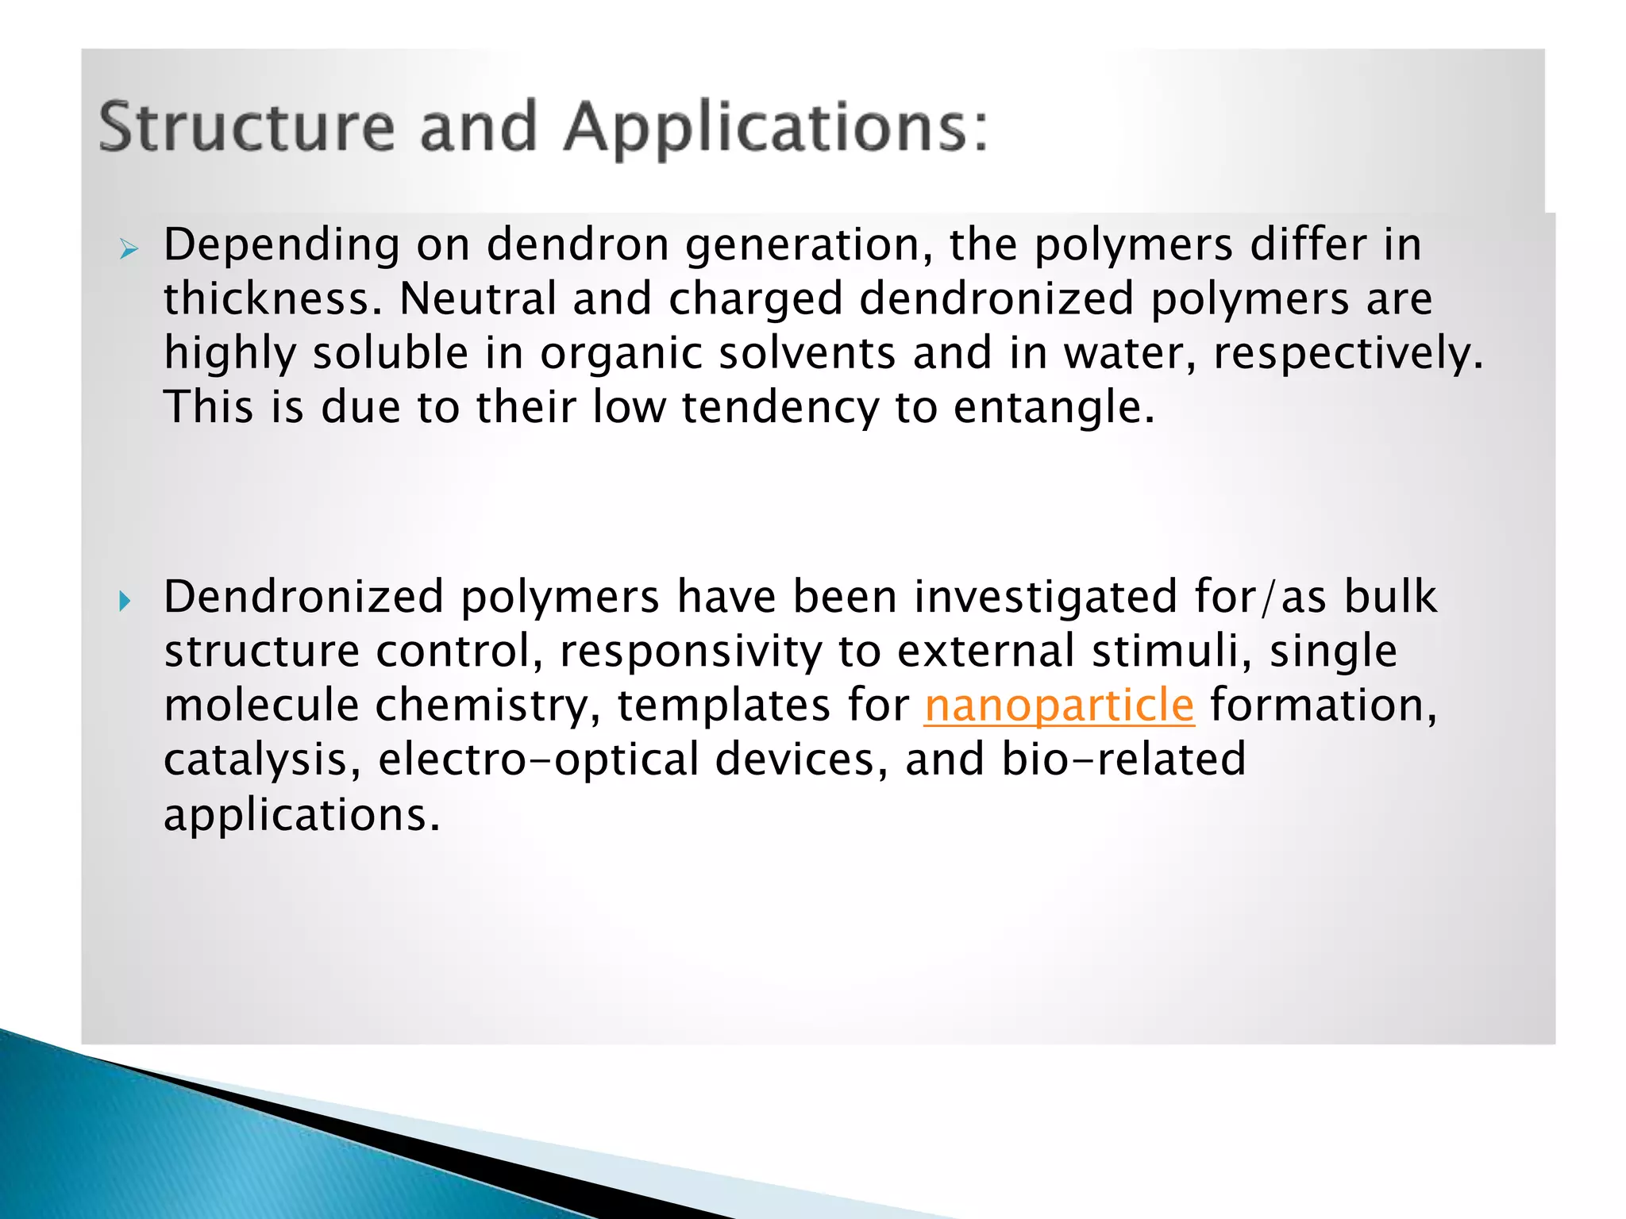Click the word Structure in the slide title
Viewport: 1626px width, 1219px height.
(246, 127)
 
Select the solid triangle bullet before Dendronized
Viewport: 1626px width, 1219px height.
(125, 602)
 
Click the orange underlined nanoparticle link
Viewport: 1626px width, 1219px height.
(1059, 706)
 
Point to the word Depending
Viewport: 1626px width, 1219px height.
(282, 246)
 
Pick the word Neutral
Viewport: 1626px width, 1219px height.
(477, 299)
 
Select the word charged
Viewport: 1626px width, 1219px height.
(755, 299)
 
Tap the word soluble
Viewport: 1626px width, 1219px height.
(391, 353)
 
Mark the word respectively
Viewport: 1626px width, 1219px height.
(1347, 353)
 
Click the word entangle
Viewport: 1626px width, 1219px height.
(1053, 408)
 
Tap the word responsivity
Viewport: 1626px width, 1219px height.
(691, 652)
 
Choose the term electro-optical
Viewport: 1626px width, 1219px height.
(538, 760)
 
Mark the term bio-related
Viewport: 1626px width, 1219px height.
(1123, 759)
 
